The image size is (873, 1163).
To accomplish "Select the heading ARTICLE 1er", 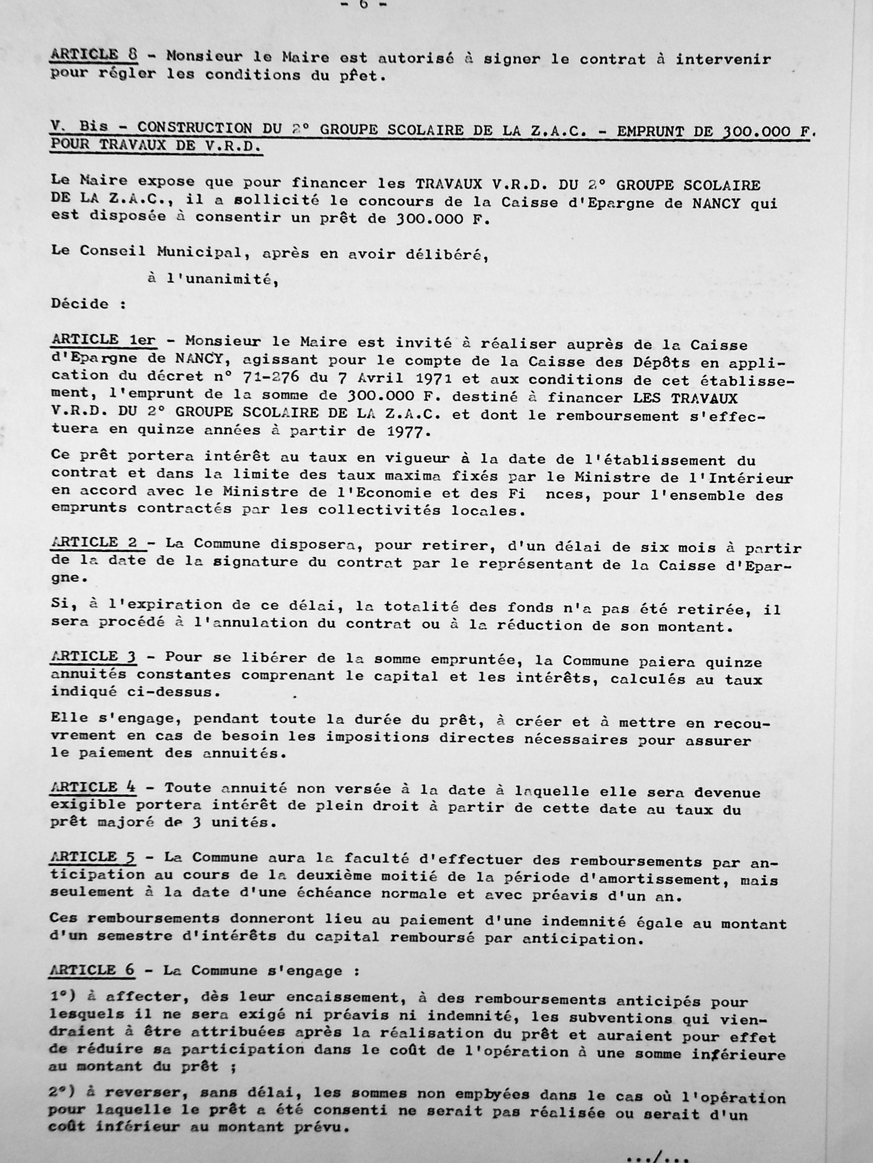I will (103, 340).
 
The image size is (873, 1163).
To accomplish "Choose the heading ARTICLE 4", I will (93, 787).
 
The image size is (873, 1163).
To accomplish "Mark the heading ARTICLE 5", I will (93, 857).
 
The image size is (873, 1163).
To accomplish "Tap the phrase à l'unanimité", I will (213, 279).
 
